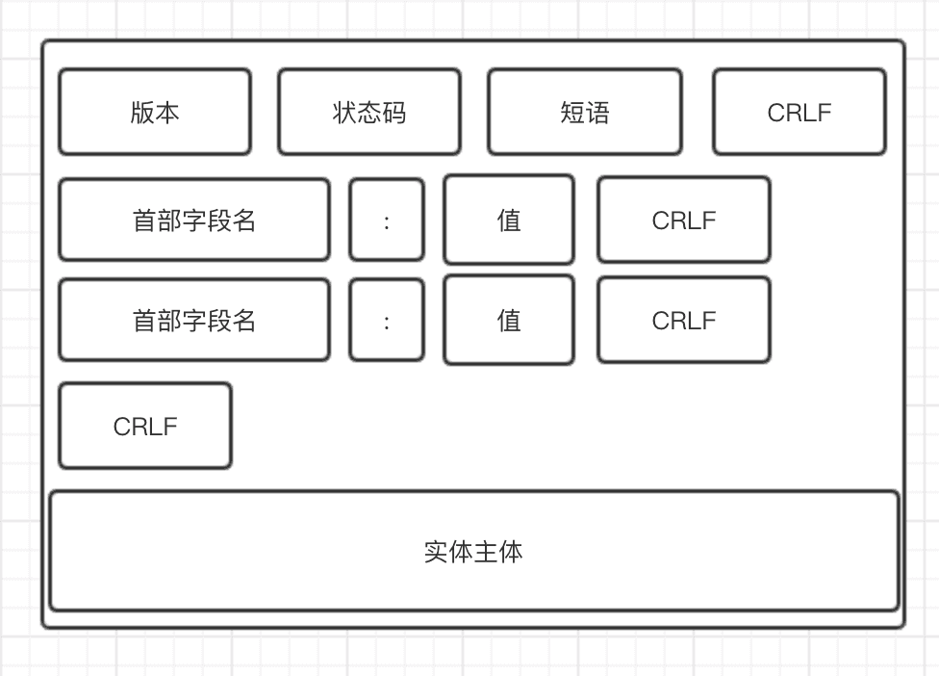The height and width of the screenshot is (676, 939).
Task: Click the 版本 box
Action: (155, 112)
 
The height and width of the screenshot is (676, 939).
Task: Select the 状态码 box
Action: (369, 112)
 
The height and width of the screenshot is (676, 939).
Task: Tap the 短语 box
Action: (584, 112)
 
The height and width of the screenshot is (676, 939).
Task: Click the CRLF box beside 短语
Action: (799, 112)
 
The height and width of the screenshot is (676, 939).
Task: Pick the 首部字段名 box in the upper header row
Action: (193, 220)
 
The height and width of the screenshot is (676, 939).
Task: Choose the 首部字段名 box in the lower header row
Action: (193, 320)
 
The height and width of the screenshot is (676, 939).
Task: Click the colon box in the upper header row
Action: (386, 220)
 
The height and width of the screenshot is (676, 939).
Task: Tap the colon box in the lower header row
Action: (386, 320)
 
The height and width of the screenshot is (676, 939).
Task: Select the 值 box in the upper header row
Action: (508, 220)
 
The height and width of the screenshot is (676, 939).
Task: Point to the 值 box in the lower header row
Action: (508, 320)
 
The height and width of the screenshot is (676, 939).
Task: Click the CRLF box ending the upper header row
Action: (683, 220)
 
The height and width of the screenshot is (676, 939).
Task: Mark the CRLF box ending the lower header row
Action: (683, 320)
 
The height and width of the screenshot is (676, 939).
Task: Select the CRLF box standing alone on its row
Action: (145, 426)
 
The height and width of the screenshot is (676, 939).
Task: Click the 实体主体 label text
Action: (473, 552)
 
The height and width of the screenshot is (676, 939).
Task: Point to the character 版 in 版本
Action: (142, 113)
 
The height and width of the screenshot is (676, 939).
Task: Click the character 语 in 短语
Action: (597, 113)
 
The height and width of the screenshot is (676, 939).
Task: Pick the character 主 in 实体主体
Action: (486, 552)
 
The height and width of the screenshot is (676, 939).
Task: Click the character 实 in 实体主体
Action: (436, 552)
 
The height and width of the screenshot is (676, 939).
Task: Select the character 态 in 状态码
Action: (369, 113)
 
